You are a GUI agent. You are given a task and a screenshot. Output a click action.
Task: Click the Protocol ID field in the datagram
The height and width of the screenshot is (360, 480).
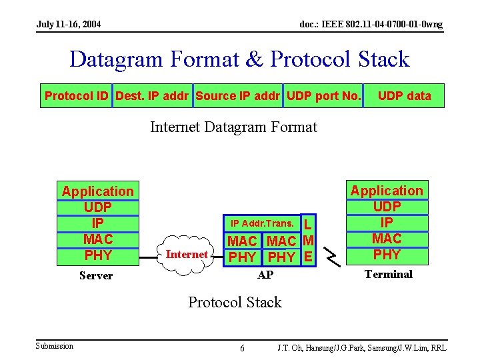pos(76,96)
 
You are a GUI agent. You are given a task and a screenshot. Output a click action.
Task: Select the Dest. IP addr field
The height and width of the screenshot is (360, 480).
pos(153,96)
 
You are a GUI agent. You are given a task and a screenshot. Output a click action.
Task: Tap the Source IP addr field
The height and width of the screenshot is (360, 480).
pos(238,96)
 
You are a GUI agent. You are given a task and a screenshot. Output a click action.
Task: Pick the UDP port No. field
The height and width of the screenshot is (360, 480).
pos(323,96)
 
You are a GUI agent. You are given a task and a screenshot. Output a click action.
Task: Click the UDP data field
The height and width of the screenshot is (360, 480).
pos(404,96)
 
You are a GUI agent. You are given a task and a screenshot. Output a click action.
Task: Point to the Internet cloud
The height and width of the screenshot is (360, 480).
pos(186,253)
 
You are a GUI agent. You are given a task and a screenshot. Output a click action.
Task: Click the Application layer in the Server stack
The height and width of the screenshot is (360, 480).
pos(98,191)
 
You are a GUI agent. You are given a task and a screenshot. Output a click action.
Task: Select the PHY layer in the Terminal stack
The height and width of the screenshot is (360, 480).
pos(387,254)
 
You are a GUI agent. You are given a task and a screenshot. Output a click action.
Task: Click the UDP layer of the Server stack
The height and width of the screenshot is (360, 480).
pos(98,207)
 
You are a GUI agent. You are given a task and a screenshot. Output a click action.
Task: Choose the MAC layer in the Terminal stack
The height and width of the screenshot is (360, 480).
pos(387,238)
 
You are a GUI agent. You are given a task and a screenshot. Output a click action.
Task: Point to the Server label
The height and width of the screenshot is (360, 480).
pos(96,275)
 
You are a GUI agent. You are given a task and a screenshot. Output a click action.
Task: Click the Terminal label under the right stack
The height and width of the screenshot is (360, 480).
pos(388,274)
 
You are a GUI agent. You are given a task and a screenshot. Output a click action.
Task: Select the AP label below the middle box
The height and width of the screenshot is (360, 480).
pos(265,275)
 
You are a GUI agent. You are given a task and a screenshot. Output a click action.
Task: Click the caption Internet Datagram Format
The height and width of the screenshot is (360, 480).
pos(233,127)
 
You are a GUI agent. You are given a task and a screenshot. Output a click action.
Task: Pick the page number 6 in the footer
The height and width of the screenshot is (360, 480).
pos(242,349)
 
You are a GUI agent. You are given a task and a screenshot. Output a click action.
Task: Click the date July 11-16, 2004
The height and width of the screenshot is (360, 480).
pos(69,24)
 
